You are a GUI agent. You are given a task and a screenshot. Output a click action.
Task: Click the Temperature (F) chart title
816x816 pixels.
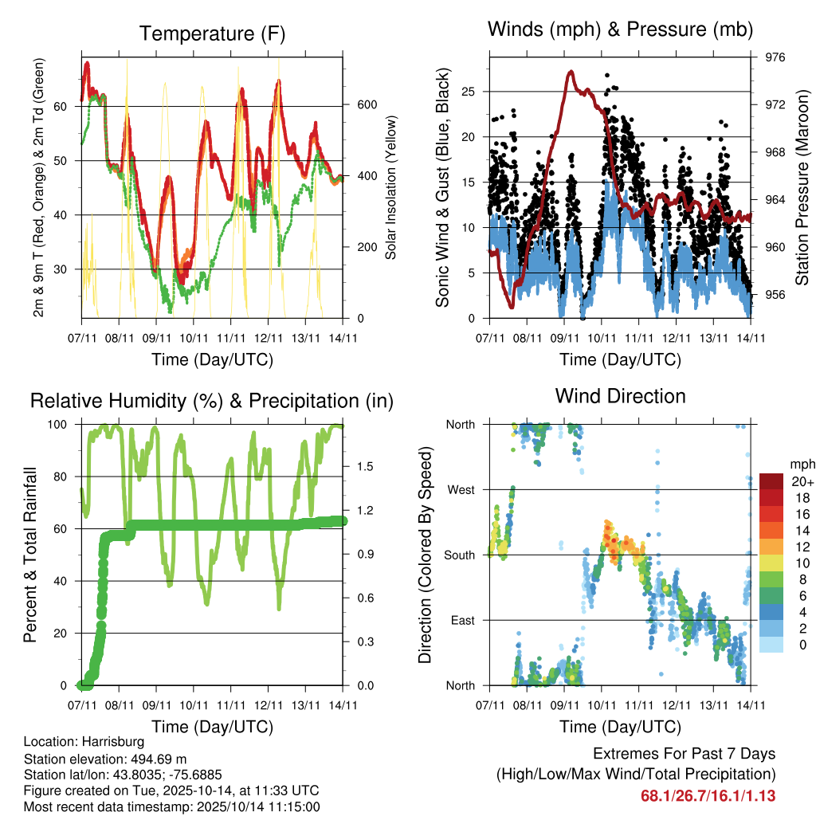point(212,33)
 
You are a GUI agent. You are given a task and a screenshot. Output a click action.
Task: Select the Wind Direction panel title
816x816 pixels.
point(620,395)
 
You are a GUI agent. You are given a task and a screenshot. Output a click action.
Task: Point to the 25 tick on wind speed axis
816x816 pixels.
point(469,92)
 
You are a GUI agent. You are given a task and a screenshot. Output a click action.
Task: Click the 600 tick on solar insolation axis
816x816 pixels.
point(367,105)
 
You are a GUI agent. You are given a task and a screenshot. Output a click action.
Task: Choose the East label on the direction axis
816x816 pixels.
point(461,620)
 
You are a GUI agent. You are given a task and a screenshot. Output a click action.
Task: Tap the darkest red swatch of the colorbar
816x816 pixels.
point(771,481)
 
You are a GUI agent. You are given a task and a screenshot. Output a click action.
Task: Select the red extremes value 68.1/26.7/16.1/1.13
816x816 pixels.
point(708,795)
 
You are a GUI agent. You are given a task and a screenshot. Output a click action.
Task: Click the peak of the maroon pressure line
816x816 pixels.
point(571,72)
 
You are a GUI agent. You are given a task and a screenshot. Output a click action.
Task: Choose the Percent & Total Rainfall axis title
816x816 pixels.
point(30,555)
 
